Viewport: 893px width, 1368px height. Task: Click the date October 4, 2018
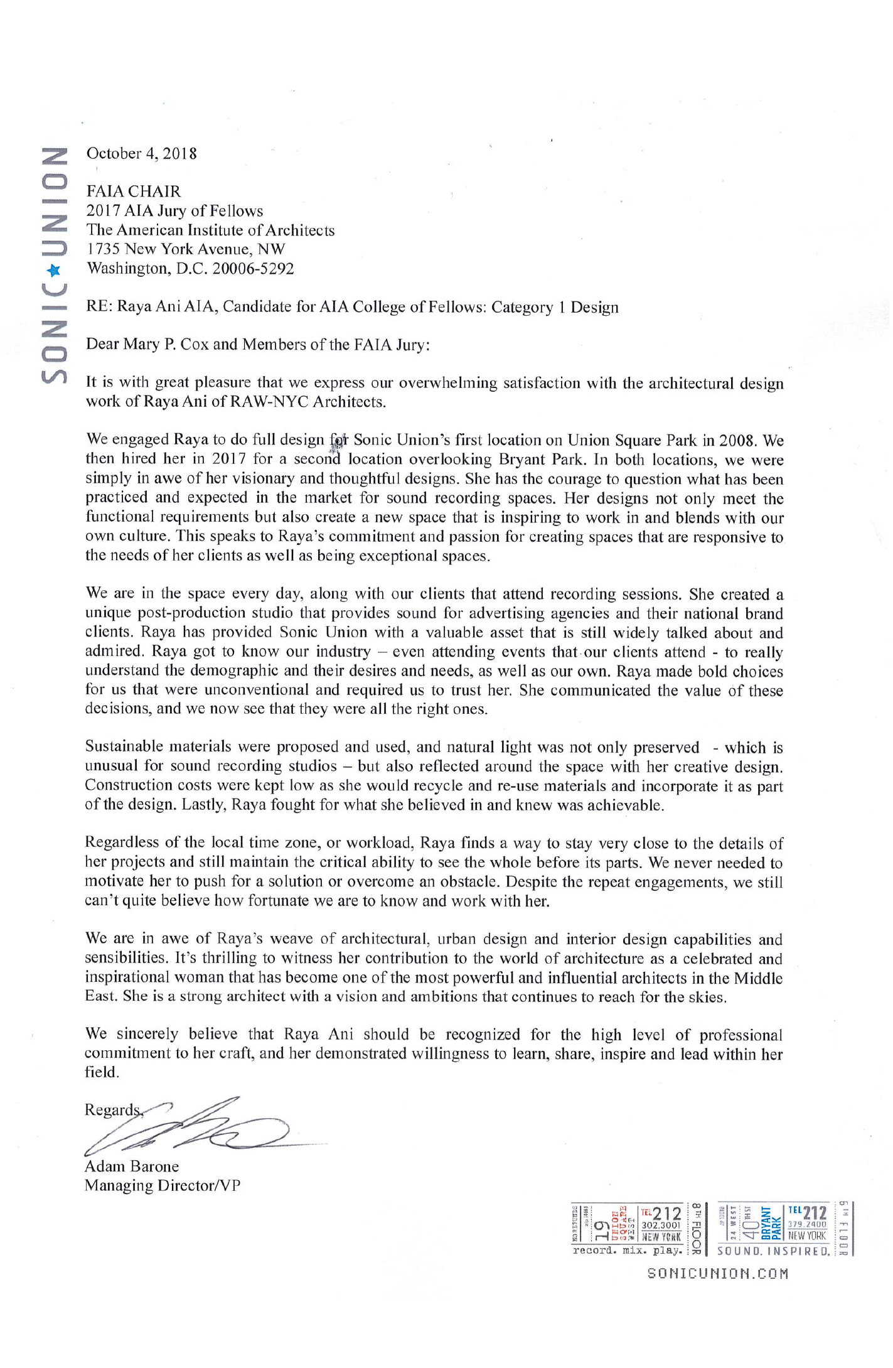coord(142,153)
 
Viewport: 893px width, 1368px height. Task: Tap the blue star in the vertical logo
coord(55,270)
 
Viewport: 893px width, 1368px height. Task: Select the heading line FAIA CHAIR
coord(134,191)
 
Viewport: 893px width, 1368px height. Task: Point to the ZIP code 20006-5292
coord(253,269)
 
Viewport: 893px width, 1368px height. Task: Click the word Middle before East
coord(758,978)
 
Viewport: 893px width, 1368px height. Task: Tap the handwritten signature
coord(188,1127)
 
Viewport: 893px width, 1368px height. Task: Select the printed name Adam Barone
coord(132,1166)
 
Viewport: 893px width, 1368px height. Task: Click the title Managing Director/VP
coord(163,1186)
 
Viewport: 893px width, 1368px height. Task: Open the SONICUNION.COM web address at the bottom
coord(717,1273)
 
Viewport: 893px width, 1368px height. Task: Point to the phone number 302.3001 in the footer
coord(661,1225)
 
